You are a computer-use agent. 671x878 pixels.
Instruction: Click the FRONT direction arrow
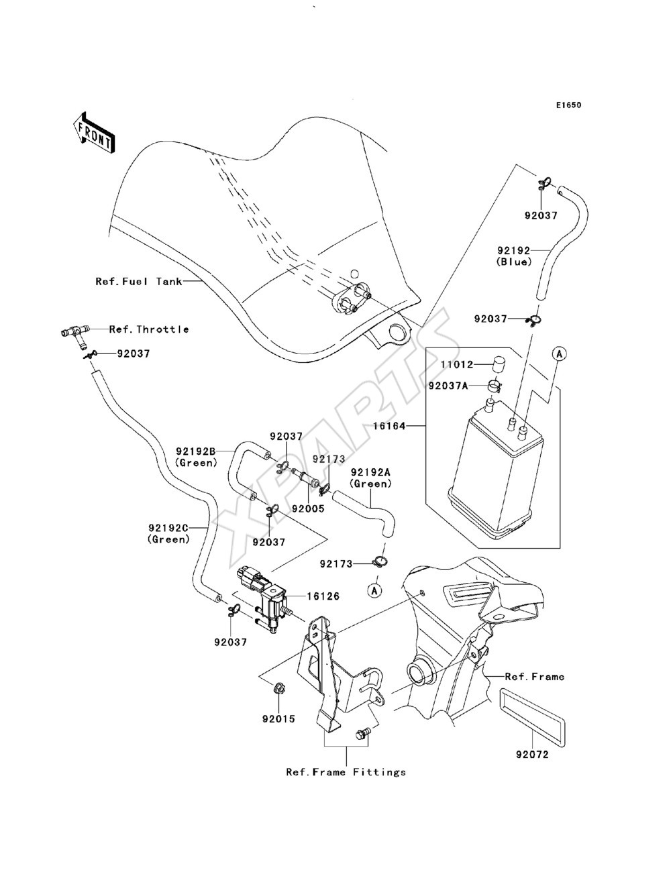pyautogui.click(x=94, y=133)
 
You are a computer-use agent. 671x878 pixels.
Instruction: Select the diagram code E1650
pyautogui.click(x=568, y=105)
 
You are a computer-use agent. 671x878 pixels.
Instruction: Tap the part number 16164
pyautogui.click(x=389, y=426)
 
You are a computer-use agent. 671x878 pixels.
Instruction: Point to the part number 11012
pyautogui.click(x=457, y=364)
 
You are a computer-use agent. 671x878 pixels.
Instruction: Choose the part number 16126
pyautogui.click(x=323, y=596)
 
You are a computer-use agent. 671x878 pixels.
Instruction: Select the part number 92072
pyautogui.click(x=532, y=755)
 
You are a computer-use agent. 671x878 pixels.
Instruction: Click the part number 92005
pyautogui.click(x=308, y=508)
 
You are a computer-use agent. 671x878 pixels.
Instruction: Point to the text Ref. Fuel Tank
pyautogui.click(x=139, y=281)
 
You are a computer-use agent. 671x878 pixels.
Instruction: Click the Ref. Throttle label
pyautogui.click(x=149, y=329)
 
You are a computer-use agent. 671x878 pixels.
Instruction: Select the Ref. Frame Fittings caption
pyautogui.click(x=346, y=772)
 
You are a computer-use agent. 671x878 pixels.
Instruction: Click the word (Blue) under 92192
pyautogui.click(x=514, y=262)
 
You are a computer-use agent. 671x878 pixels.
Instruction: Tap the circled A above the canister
pyautogui.click(x=560, y=353)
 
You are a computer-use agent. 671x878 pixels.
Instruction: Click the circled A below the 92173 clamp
pyautogui.click(x=375, y=590)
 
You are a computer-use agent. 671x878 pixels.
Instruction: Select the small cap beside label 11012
pyautogui.click(x=497, y=364)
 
